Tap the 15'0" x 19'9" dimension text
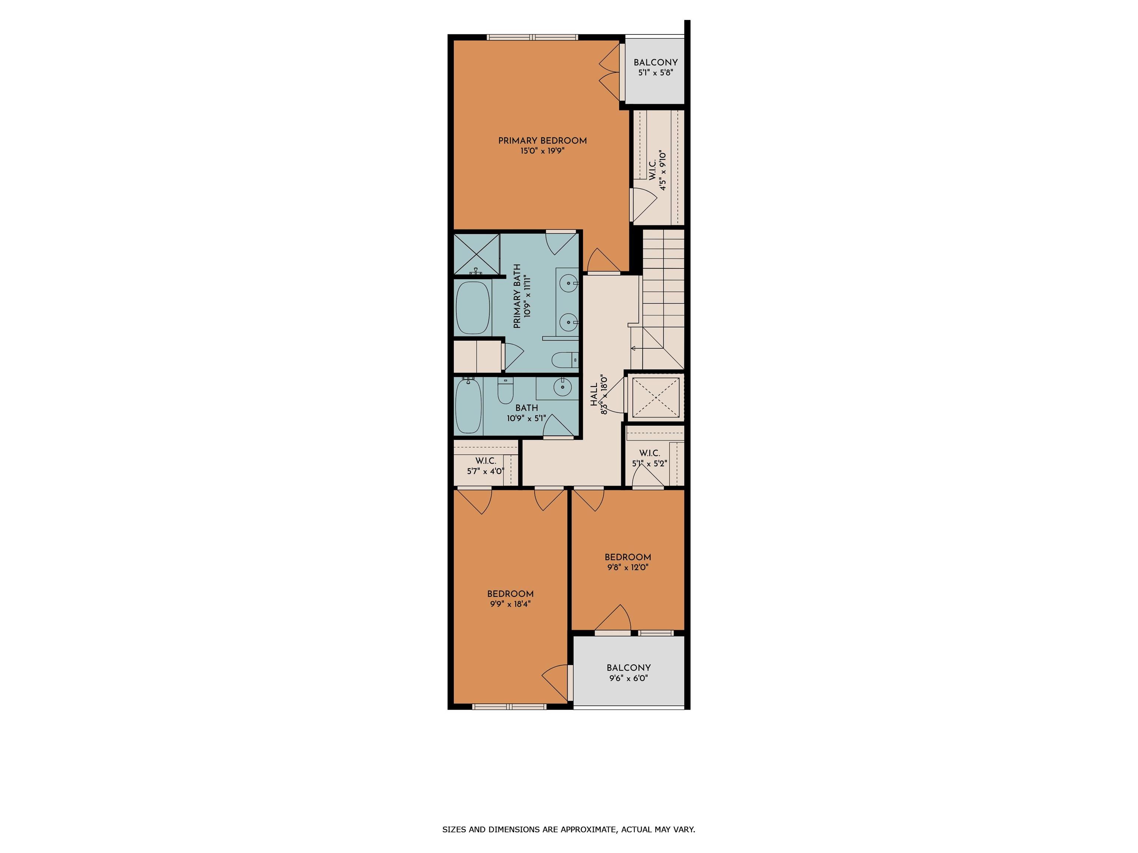click(x=542, y=151)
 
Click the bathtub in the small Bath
click(x=468, y=406)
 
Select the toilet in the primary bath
click(x=565, y=359)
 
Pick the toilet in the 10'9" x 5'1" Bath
click(x=505, y=390)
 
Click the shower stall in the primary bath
click(x=476, y=254)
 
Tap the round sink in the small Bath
click(x=563, y=386)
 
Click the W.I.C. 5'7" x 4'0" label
click(x=485, y=466)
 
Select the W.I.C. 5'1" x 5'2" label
click(x=649, y=458)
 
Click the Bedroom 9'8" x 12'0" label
click(x=628, y=562)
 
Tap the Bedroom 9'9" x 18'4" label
click(x=510, y=599)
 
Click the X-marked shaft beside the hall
click(x=655, y=398)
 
